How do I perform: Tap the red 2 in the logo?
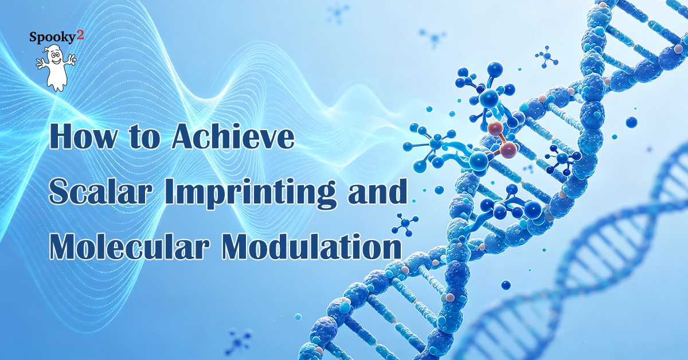point(80,36)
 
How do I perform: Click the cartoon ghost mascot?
point(55,68)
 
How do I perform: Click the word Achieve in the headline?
point(233,135)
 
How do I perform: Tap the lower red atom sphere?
point(509,150)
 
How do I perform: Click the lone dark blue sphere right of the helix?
point(631,122)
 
